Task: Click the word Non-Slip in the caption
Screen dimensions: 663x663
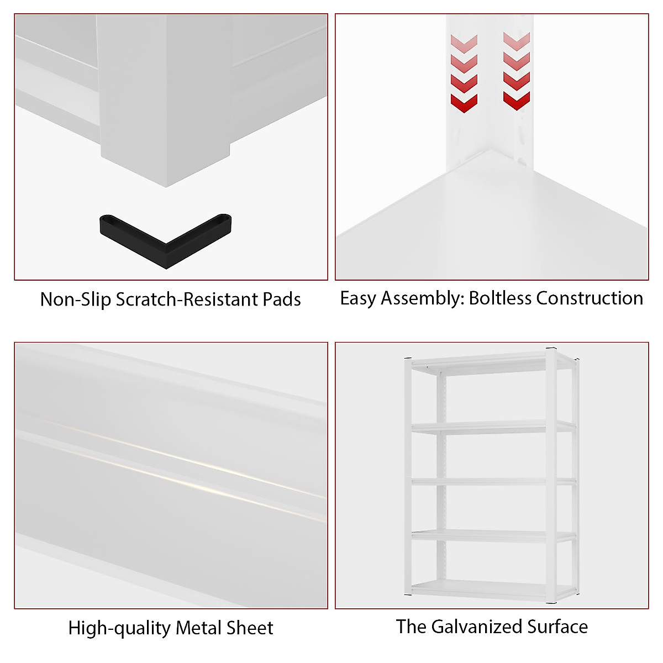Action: click(76, 299)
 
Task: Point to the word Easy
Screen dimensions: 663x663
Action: click(358, 298)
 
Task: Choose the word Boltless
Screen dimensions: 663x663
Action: click(501, 298)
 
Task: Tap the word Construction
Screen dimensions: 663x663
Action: click(590, 298)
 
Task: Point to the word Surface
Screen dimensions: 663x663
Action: click(557, 627)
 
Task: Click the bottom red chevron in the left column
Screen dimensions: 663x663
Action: click(464, 103)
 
